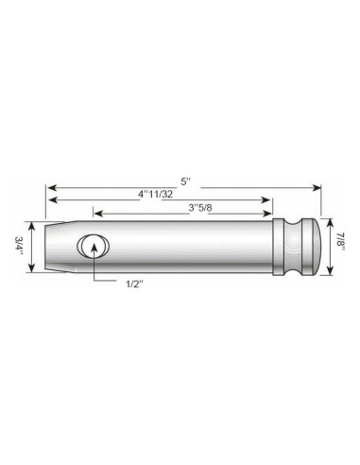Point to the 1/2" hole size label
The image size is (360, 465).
point(132,282)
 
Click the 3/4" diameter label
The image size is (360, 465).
point(19,249)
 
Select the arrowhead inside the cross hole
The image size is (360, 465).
point(94,245)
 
